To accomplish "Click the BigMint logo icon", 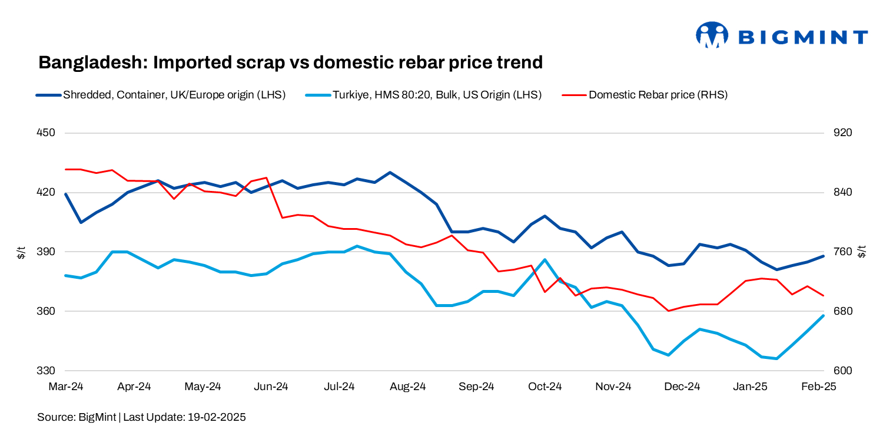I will point(712,35).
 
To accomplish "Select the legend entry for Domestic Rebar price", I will point(658,94).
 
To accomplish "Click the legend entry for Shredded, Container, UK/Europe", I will point(174,94).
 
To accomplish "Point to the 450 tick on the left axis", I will point(46,133).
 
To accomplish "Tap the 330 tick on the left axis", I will point(46,371).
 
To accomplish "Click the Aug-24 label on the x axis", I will point(409,387).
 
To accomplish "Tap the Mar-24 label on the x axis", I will point(66,387).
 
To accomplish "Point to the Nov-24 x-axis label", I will point(613,387).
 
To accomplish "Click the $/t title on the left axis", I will point(21,252).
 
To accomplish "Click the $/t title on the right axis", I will point(862,252).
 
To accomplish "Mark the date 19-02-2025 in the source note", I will point(217,417).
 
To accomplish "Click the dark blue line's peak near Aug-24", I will point(390,173).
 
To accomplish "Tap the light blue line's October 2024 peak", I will point(545,259).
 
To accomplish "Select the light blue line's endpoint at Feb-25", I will point(824,315).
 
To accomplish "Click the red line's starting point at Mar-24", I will point(66,169).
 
